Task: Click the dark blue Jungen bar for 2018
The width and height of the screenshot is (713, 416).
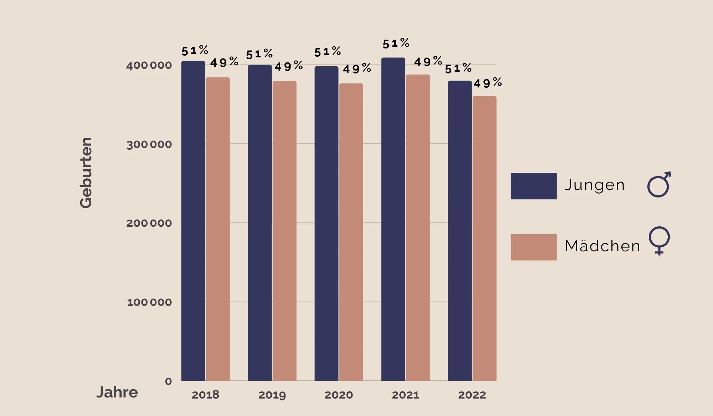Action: point(193,221)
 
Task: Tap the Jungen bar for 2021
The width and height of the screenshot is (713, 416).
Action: point(393,219)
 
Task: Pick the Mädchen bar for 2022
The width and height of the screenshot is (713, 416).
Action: point(484,238)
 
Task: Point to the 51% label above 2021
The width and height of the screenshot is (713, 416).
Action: point(396,43)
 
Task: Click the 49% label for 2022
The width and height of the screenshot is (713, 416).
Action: point(488,83)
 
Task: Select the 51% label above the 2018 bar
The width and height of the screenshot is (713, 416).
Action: point(195,51)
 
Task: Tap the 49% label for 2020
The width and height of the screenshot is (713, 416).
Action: point(357,68)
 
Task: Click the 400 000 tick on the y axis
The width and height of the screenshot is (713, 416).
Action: point(149,66)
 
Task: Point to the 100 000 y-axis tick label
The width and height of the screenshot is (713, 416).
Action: point(149,302)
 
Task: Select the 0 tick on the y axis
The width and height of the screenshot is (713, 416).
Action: point(168,381)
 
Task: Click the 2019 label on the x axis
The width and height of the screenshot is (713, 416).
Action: point(272,395)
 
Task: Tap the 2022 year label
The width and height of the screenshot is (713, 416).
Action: point(472,395)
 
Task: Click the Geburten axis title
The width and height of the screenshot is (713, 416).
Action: point(86,173)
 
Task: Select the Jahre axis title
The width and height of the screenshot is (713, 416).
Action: point(117,392)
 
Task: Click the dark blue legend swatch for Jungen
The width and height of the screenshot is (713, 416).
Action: point(533,186)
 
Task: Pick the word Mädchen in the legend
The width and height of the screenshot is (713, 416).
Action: point(602,246)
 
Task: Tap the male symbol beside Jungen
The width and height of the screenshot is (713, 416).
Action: point(659,184)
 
